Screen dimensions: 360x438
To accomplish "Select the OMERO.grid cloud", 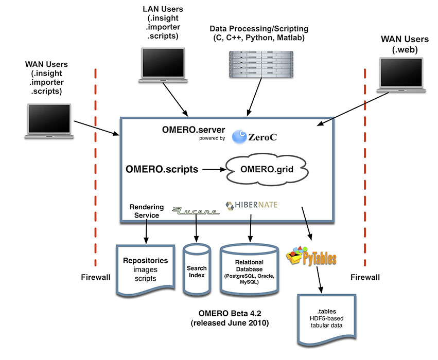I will (260, 168).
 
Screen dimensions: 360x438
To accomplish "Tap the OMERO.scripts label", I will (162, 168).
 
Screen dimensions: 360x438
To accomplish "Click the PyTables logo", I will (311, 255).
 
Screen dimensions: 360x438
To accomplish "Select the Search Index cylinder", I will (196, 271).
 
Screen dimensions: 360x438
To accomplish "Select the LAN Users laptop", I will (161, 65).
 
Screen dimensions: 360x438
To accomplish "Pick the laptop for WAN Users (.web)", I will (397, 75).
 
